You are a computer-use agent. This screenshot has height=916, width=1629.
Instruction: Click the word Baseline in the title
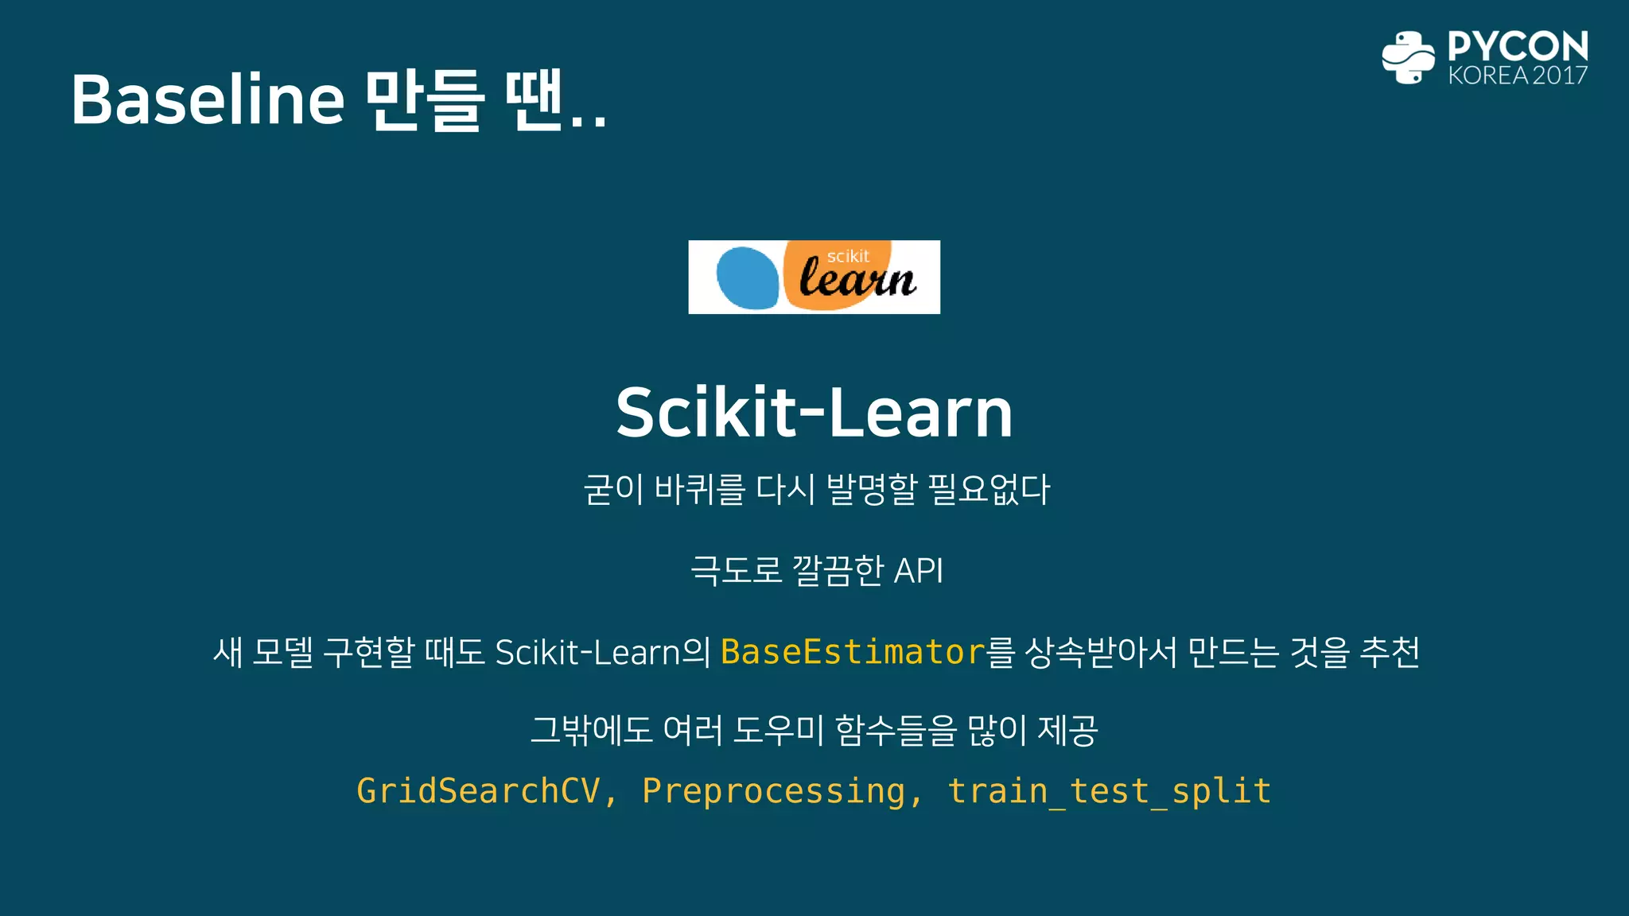(208, 100)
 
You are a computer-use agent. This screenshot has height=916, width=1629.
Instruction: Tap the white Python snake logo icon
(1408, 57)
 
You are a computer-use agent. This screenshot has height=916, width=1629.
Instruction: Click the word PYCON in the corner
(1518, 46)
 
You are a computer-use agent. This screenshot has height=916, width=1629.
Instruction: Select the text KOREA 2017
(1518, 76)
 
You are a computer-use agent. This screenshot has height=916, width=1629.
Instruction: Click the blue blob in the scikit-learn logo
(747, 278)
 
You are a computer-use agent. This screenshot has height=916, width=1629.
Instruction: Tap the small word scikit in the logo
(848, 256)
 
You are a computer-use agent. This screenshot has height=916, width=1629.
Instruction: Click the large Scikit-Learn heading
(814, 413)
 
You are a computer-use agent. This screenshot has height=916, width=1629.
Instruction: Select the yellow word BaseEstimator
(853, 652)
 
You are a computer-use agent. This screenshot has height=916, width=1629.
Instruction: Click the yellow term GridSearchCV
(478, 791)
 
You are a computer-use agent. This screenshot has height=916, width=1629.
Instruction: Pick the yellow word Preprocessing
(773, 791)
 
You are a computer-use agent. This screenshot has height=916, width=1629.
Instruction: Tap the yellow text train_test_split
(1109, 791)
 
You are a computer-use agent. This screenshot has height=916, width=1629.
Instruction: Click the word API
(918, 571)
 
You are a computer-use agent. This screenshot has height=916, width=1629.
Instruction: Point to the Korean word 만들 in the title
(424, 100)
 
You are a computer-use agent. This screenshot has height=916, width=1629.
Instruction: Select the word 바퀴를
(699, 489)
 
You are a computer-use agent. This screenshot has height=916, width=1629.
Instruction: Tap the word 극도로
(736, 571)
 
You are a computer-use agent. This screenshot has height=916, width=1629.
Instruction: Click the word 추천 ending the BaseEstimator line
(1390, 652)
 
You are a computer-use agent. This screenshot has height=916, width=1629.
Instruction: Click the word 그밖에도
(591, 730)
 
